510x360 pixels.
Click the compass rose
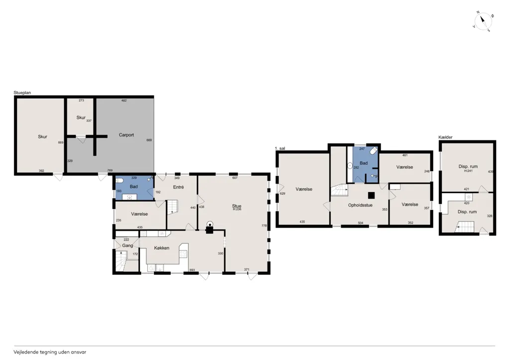(483, 22)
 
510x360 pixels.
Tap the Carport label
(126, 135)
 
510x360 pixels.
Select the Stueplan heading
(22, 93)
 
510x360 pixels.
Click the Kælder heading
(445, 137)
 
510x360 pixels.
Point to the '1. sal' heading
(280, 148)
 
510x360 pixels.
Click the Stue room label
(237, 206)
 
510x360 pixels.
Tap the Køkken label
(162, 248)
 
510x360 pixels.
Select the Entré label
(179, 187)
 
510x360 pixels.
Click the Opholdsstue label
(361, 205)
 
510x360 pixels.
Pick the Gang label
(127, 245)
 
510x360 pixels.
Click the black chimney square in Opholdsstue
(371, 195)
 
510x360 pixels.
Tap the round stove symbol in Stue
(210, 224)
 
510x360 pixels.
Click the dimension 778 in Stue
(264, 226)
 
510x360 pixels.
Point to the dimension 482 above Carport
(124, 101)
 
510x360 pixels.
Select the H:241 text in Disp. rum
(468, 171)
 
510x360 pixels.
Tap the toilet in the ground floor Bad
(120, 180)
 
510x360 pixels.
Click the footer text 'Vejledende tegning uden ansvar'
(50, 352)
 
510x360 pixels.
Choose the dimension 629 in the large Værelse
(282, 194)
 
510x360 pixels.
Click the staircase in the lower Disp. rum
(465, 227)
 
